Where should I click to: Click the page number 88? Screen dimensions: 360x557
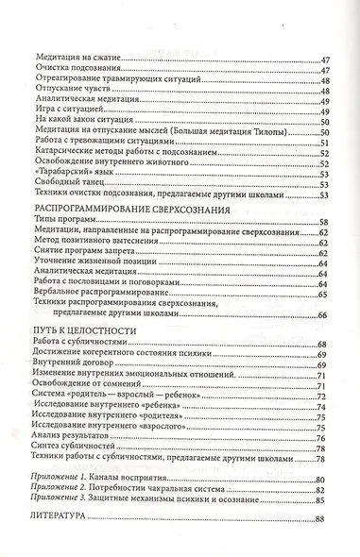(x=319, y=517)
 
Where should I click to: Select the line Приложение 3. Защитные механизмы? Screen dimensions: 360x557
(x=142, y=498)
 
